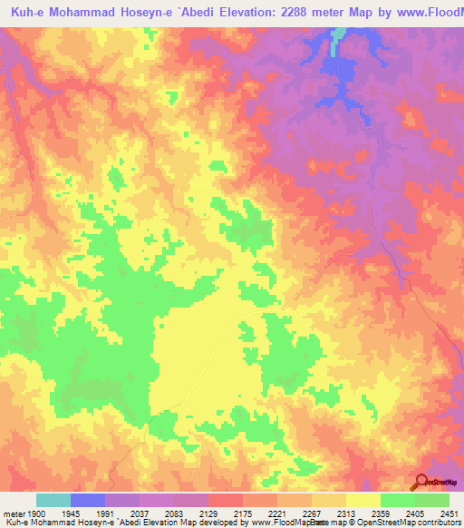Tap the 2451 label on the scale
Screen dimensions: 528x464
pyautogui.click(x=449, y=513)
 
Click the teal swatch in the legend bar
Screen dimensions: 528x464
pyautogui.click(x=53, y=500)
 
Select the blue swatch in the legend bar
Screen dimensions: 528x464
pyautogui.click(x=88, y=500)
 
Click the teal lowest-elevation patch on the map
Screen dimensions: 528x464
pyautogui.click(x=338, y=35)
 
